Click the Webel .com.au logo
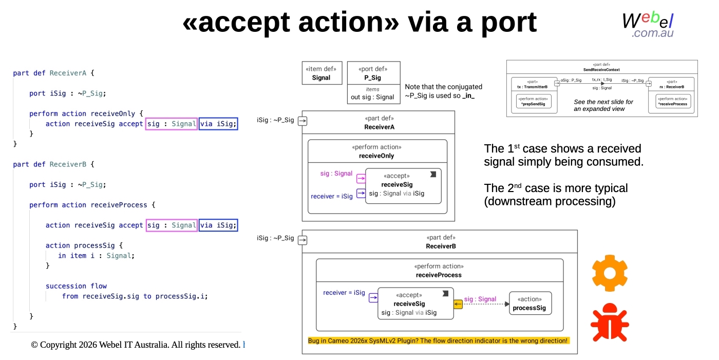pyautogui.click(x=648, y=24)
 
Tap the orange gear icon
pyautogui.click(x=610, y=273)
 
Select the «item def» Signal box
pyautogui.click(x=321, y=73)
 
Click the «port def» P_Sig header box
pyautogui.click(x=373, y=73)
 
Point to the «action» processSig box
pyautogui.click(x=529, y=304)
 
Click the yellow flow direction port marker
pyautogui.click(x=458, y=305)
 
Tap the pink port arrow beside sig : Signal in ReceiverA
pyautogui.click(x=361, y=179)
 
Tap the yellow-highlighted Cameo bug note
pyautogui.click(x=438, y=340)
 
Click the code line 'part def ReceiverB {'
pyautogui.click(x=54, y=164)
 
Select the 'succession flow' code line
pyautogui.click(x=76, y=286)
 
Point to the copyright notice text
pyautogui.click(x=136, y=345)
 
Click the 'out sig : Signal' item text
pyautogui.click(x=372, y=97)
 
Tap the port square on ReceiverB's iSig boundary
pyautogui.click(x=302, y=240)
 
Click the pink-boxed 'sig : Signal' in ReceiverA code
pyautogui.click(x=172, y=124)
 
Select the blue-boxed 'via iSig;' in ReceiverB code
pyautogui.click(x=218, y=225)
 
